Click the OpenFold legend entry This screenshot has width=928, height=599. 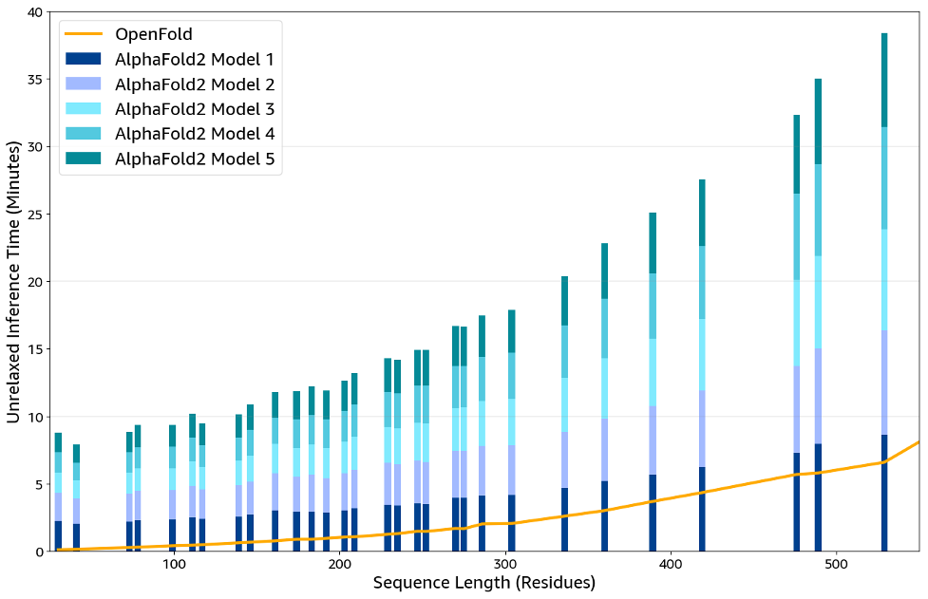153,35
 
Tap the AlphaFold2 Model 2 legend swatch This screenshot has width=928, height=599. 83,84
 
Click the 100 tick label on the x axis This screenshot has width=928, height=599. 174,565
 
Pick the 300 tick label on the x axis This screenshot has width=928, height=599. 505,565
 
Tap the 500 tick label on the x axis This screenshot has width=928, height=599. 837,565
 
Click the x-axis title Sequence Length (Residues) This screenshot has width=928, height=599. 484,583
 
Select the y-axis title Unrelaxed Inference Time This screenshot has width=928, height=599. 14,281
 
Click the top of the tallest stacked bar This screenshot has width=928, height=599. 884,34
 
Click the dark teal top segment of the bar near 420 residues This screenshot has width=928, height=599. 702,213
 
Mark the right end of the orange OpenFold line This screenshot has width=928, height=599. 919,442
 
